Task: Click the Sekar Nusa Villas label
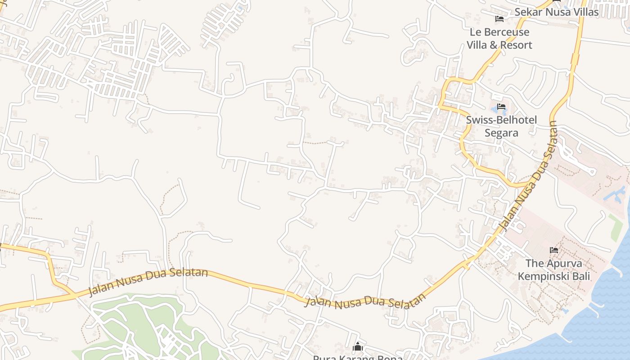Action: coord(556,12)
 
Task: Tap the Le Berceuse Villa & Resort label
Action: coord(499,39)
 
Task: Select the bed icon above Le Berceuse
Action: coord(499,19)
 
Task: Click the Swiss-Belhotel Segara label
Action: coord(501,126)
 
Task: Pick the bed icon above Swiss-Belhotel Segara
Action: coord(501,107)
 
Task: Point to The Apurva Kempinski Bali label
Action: coord(553,270)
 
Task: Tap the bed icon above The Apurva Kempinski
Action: coord(554,250)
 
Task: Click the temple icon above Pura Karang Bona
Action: coord(358,347)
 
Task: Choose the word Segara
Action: coord(501,133)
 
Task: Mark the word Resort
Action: coord(516,45)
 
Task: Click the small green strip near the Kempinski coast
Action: coord(615,228)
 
